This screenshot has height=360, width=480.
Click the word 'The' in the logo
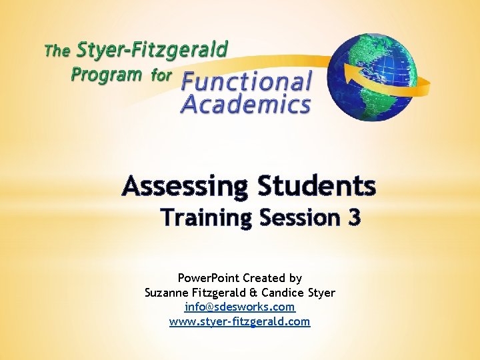[57, 51]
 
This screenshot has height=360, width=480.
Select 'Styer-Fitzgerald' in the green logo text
[152, 50]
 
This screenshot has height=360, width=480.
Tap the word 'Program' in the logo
[107, 74]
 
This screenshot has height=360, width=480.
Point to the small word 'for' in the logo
[162, 75]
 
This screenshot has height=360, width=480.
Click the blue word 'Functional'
[247, 83]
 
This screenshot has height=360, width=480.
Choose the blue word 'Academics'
[246, 105]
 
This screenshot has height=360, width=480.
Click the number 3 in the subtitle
[353, 218]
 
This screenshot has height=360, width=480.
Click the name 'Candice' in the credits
[285, 293]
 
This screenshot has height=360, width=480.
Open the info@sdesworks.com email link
[240, 307]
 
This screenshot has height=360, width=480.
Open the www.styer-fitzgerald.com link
[240, 321]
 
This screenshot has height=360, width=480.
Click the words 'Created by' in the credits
[273, 278]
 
